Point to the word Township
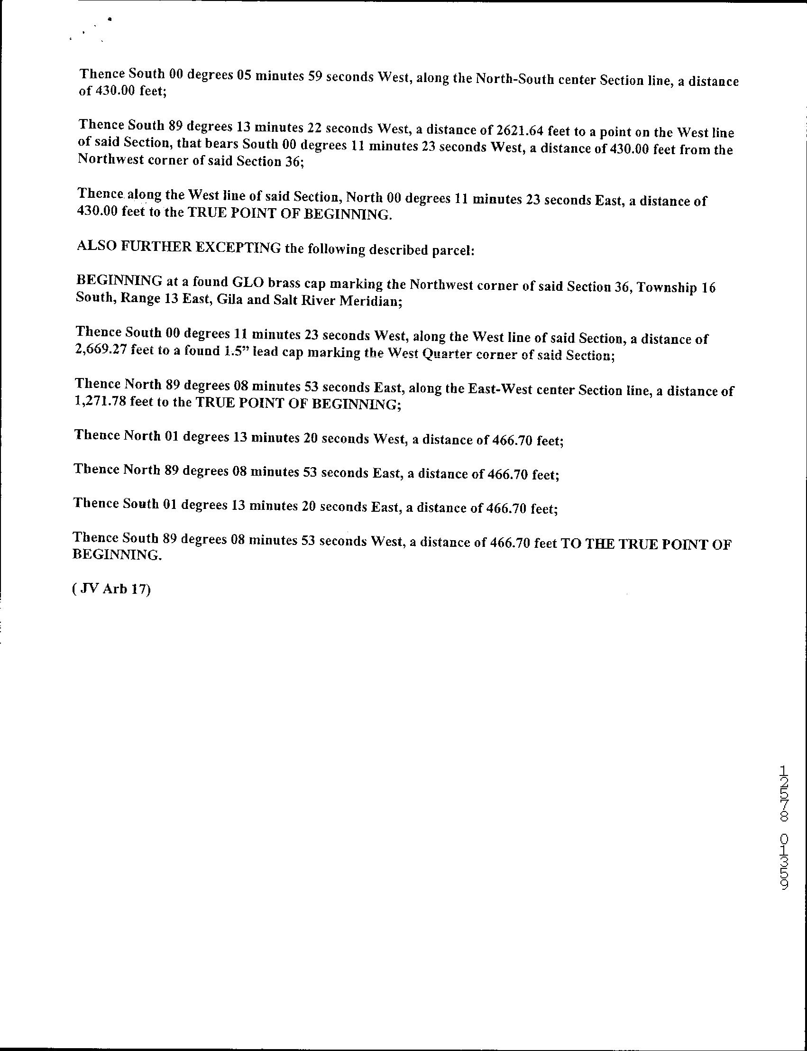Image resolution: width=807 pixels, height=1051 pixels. [666, 287]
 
